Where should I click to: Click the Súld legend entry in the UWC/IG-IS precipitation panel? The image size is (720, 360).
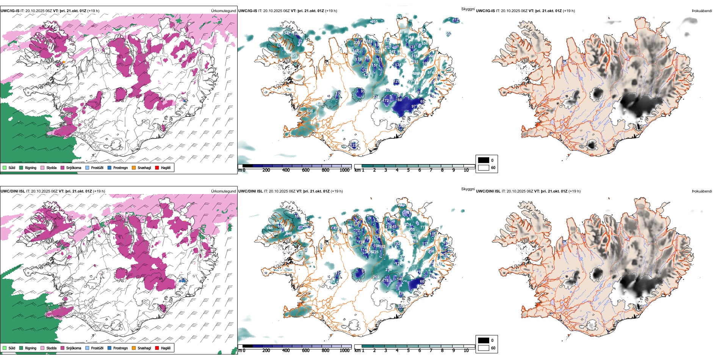pyautogui.click(x=9, y=167)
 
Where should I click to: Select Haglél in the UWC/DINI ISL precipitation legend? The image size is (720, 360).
pyautogui.click(x=163, y=348)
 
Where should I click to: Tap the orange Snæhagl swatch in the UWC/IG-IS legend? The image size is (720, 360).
pyautogui.click(x=134, y=167)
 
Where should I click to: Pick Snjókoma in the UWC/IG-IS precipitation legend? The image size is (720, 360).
pyautogui.click(x=71, y=167)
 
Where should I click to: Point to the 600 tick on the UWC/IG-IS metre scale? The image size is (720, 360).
pyautogui.click(x=306, y=170)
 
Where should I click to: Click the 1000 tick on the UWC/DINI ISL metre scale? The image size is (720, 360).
pyautogui.click(x=344, y=351)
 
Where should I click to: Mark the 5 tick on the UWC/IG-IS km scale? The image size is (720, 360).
pyautogui.click(x=409, y=170)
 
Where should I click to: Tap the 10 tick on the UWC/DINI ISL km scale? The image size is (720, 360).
pyautogui.click(x=466, y=351)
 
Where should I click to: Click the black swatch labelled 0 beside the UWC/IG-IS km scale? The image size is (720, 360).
pyautogui.click(x=484, y=160)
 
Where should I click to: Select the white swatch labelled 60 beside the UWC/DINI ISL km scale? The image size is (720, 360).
pyautogui.click(x=484, y=348)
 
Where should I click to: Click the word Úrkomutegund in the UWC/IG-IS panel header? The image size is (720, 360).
pyautogui.click(x=223, y=11)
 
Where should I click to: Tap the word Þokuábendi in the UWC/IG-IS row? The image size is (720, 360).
pyautogui.click(x=702, y=11)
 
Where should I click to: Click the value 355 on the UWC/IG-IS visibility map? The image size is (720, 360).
pyautogui.click(x=374, y=22)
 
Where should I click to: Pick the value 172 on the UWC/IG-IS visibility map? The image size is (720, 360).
pyautogui.click(x=386, y=101)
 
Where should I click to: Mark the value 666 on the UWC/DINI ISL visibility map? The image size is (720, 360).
pyautogui.click(x=269, y=228)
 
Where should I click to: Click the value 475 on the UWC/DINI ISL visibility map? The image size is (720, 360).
pyautogui.click(x=386, y=281)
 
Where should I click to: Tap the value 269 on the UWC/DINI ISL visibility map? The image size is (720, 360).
pyautogui.click(x=376, y=277)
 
